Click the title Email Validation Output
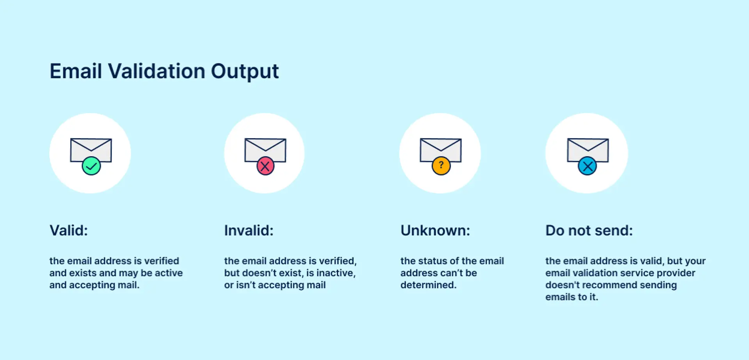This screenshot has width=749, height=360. coord(164,71)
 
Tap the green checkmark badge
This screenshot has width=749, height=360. coord(91,166)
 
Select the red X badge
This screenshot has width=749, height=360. coord(265,166)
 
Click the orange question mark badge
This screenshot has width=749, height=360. coord(441,166)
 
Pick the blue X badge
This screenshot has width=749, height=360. coord(587,166)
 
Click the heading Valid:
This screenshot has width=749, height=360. coord(69,231)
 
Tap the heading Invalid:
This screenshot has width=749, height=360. coord(249,231)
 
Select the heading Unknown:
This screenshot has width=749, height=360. coord(435,231)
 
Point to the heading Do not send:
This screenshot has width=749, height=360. coord(589,231)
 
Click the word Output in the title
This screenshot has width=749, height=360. coord(245,71)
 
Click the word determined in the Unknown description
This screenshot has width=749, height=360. coord(428,285)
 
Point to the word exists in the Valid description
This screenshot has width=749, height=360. coord(83,273)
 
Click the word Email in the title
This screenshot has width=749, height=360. coord(76,71)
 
